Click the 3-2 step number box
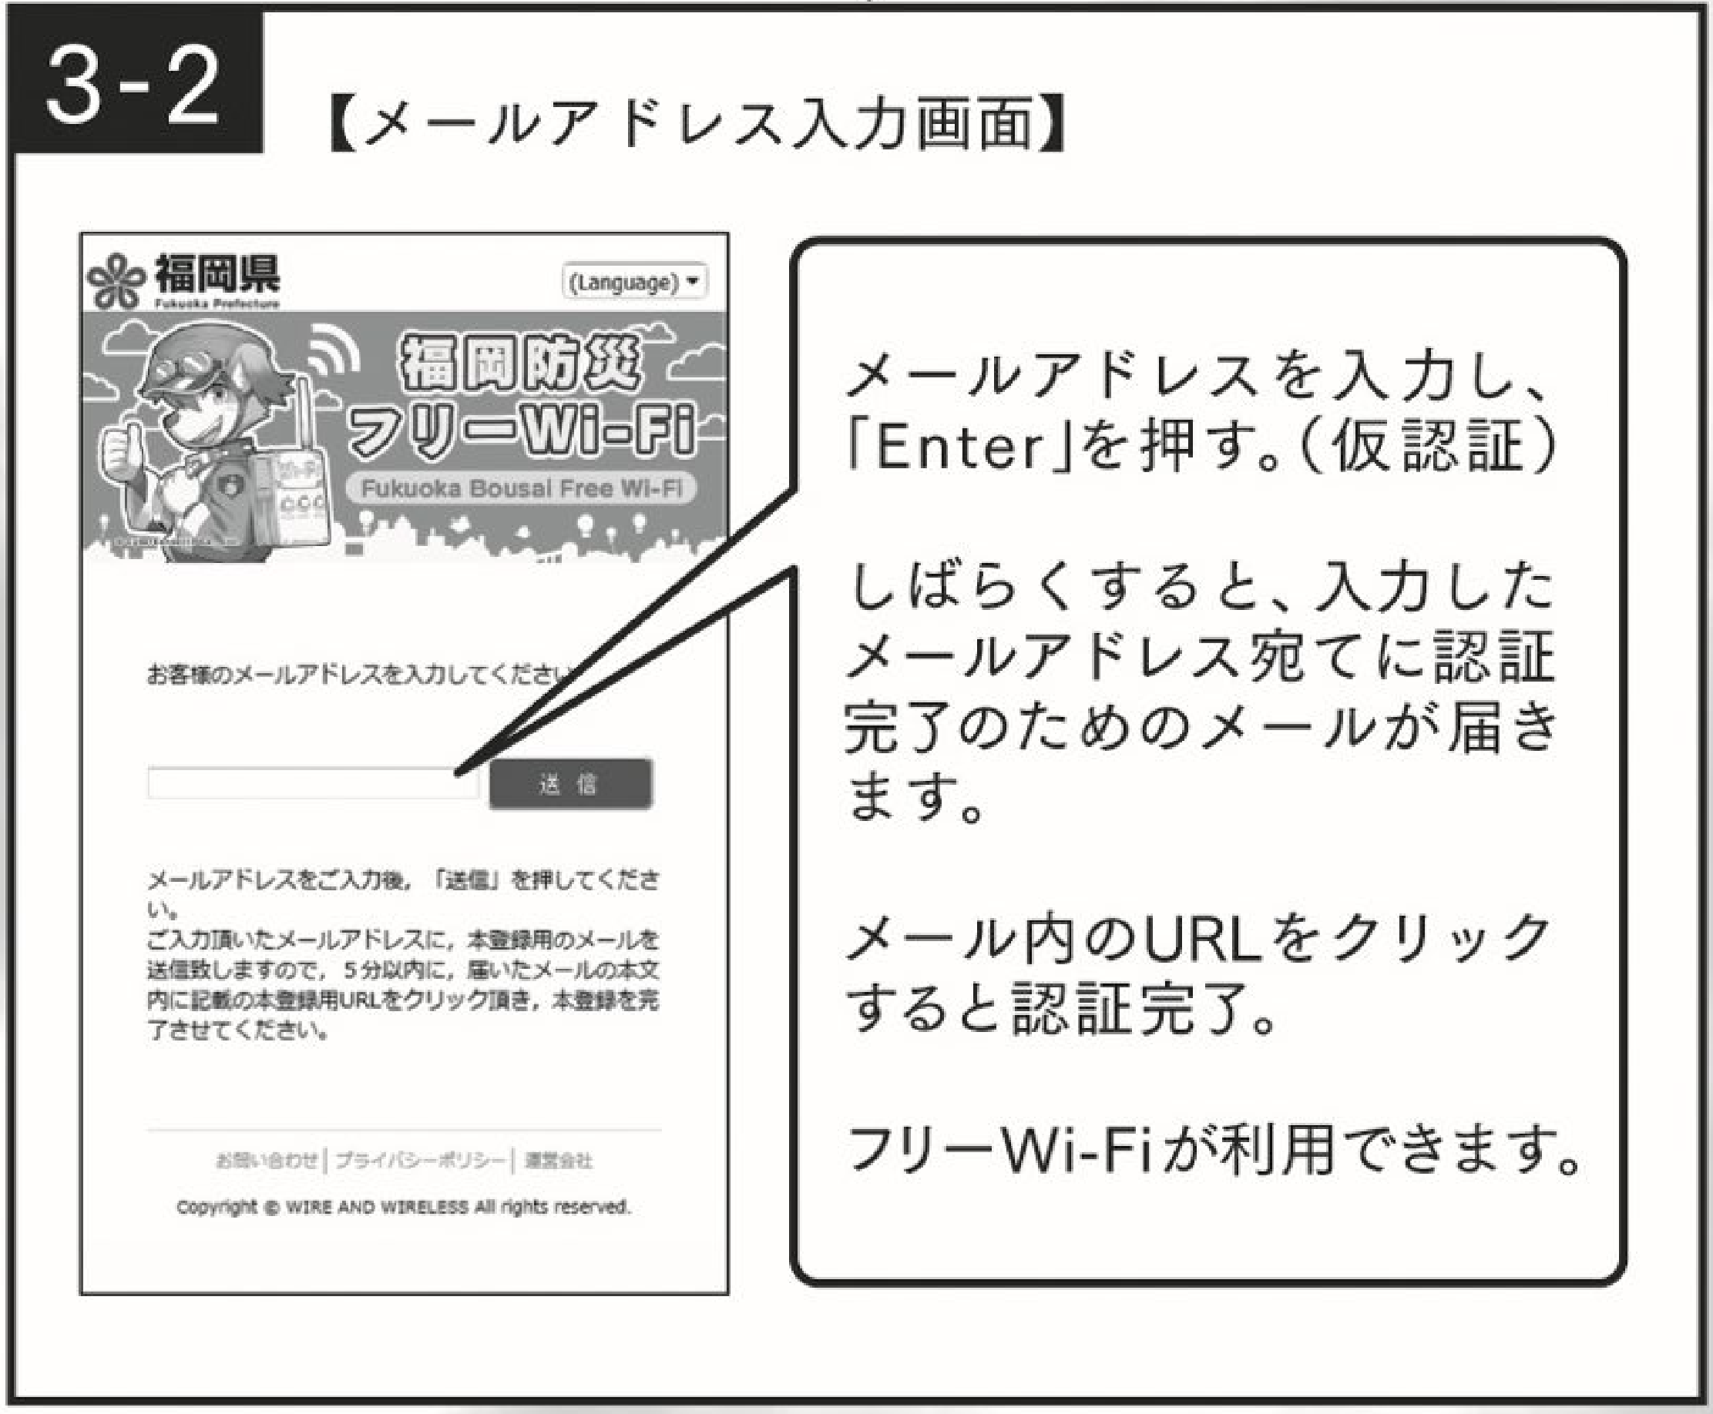tap(134, 84)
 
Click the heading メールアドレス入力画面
tap(697, 124)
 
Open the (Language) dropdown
tap(634, 282)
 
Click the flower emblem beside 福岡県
tap(115, 281)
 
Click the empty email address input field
tap(312, 783)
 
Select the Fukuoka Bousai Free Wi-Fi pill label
tap(522, 489)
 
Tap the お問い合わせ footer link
tap(266, 1161)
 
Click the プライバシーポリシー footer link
tap(419, 1161)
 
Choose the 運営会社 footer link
tap(558, 1161)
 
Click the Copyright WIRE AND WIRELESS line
tap(403, 1206)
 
